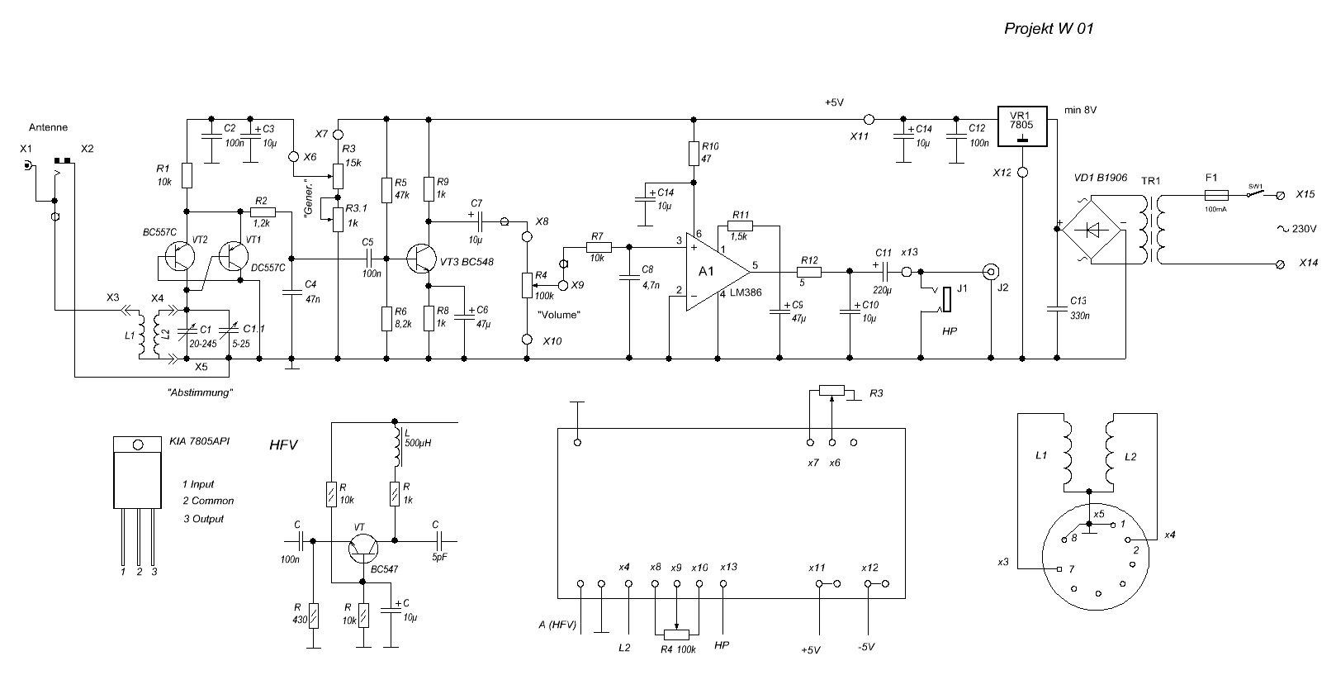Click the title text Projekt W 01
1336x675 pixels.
pos(1048,29)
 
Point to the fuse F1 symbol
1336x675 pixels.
pos(1216,196)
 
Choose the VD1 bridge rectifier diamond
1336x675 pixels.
pos(1092,230)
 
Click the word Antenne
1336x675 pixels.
pos(48,127)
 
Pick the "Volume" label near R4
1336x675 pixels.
pos(559,315)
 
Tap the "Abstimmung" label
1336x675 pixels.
pos(200,393)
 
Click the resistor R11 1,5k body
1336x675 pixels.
pos(741,224)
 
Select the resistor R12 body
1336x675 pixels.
pos(808,270)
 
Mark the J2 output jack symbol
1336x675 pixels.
pos(991,270)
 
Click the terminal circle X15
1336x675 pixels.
pos(1281,196)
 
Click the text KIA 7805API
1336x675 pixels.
pos(199,442)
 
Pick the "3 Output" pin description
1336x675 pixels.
pos(203,519)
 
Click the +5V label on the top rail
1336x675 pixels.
pos(834,102)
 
